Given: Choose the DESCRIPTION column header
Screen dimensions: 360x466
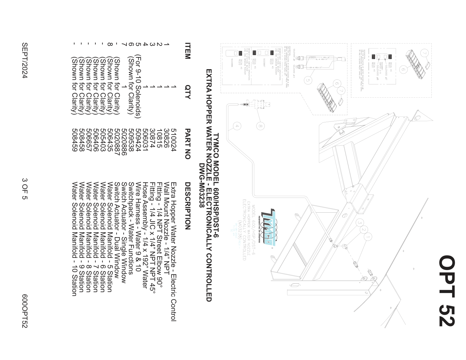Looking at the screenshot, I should [x=187, y=206].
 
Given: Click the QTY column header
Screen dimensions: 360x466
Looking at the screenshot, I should [x=187, y=92].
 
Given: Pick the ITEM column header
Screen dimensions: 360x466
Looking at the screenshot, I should [x=187, y=51].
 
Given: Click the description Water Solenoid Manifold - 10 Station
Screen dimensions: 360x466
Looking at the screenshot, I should [x=74, y=239].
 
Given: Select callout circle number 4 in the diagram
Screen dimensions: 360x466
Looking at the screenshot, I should [x=237, y=126].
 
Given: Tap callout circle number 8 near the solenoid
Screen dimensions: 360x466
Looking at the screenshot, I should [x=260, y=126].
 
